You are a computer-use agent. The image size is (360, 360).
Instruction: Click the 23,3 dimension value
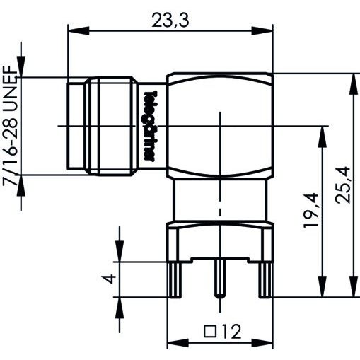(x=170, y=21)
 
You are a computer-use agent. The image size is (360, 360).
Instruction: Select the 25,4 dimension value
(x=343, y=185)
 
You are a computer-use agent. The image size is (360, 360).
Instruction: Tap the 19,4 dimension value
(x=311, y=211)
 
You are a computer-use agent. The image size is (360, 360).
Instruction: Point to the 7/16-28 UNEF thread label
(x=11, y=125)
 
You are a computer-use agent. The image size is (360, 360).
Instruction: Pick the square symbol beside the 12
(x=210, y=331)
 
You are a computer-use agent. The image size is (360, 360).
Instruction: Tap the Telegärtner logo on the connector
(x=150, y=126)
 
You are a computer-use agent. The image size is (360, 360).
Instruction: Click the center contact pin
(x=220, y=277)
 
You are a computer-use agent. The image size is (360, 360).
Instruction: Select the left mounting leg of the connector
(x=175, y=280)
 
